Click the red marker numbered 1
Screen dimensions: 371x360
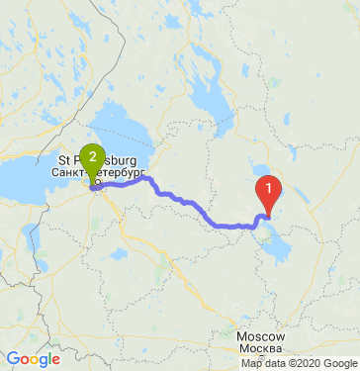(x=268, y=189)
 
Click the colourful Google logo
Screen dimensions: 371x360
(x=33, y=359)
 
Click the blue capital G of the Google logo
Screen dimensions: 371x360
(x=12, y=359)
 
